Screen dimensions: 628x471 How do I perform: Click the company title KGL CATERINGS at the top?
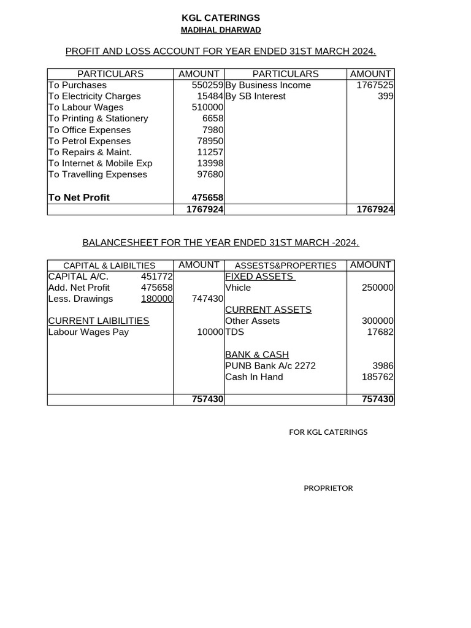pos(220,18)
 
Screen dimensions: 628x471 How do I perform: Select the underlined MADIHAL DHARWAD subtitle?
pos(220,30)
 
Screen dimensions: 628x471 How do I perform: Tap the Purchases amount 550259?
pos(207,85)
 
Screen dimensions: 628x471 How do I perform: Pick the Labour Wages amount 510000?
pos(207,107)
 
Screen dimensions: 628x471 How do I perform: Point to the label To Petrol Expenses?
pos(90,141)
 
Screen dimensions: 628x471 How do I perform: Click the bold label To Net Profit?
pos(79,197)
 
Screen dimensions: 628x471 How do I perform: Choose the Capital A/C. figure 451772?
pos(156,277)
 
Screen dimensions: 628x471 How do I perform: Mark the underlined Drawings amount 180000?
pos(156,299)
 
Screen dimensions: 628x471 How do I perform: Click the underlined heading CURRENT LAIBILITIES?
pos(99,321)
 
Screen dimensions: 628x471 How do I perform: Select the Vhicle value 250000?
pos(377,288)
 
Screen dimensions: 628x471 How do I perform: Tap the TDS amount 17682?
pos(380,332)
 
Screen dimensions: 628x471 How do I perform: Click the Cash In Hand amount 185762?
pos(377,377)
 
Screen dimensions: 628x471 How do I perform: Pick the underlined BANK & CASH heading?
pos(257,354)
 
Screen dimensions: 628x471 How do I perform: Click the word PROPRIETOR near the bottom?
pos(328,488)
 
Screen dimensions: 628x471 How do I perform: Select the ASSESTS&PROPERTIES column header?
pos(285,266)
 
